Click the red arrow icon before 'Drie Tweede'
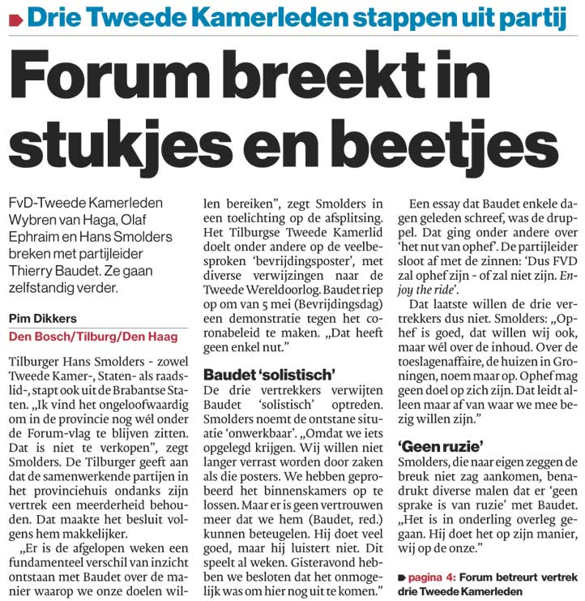[x=14, y=15]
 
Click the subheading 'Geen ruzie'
[x=439, y=445]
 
